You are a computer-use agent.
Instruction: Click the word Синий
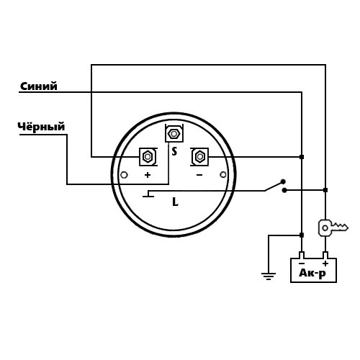[39, 86]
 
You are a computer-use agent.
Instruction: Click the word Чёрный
[41, 127]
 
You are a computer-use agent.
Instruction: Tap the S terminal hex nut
[174, 134]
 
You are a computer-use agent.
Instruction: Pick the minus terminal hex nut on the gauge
[199, 157]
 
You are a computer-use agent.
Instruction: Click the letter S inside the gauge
[174, 151]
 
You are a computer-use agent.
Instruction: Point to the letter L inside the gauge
[176, 202]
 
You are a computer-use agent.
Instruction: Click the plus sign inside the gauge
[148, 175]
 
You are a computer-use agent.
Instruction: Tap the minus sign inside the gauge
[199, 175]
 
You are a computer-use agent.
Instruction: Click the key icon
[333, 228]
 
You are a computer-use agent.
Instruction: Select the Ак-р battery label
[312, 273]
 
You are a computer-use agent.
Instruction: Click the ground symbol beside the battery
[269, 276]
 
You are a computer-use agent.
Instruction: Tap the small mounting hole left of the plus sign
[124, 175]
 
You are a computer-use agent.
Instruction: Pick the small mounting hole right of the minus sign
[223, 175]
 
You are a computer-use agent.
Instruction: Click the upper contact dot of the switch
[283, 181]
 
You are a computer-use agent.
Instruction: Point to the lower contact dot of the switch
[284, 190]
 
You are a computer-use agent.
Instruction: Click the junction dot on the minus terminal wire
[302, 157]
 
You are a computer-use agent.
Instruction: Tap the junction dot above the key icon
[325, 190]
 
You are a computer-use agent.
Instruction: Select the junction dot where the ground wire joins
[302, 235]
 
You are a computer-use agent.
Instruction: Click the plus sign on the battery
[325, 264]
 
